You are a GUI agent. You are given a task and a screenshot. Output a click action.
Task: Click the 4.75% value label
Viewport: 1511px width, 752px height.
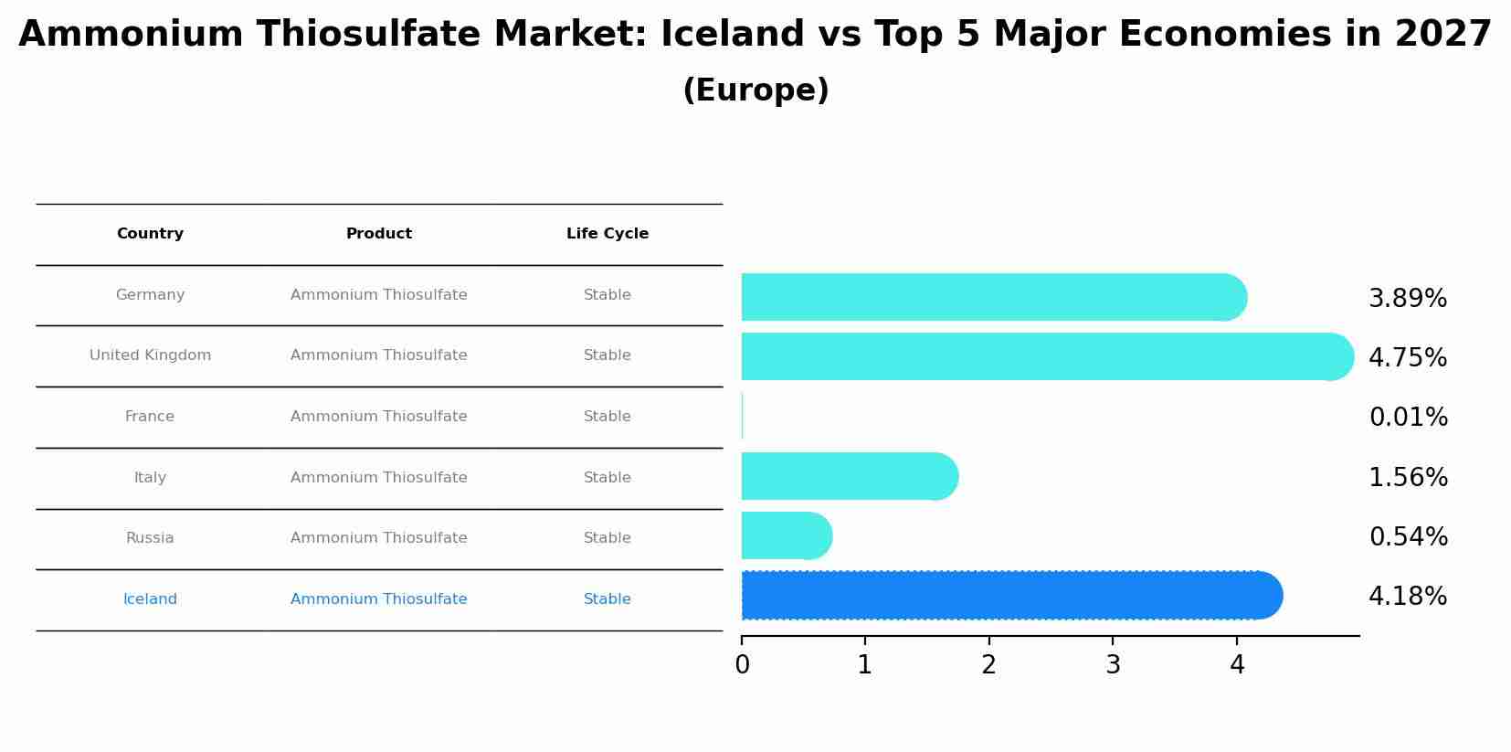tap(1408, 358)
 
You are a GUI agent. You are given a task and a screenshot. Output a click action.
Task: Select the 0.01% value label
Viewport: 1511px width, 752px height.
tap(1408, 418)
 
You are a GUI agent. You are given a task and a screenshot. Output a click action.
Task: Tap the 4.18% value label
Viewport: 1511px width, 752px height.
tap(1408, 597)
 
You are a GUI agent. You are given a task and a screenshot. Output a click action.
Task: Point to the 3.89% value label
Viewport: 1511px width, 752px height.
tap(1408, 299)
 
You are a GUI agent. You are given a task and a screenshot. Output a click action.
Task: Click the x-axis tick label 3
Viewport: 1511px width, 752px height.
tap(1113, 665)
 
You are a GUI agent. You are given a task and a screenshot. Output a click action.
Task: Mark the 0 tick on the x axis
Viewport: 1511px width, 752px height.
tap(742, 665)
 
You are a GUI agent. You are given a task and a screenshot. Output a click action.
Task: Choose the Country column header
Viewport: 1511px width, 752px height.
tap(150, 234)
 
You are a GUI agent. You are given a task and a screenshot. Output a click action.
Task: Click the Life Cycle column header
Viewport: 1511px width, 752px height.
tap(608, 234)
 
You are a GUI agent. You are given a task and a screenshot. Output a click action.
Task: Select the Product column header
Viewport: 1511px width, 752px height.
tap(379, 234)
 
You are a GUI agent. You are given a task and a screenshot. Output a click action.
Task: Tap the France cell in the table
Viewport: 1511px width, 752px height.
tap(150, 417)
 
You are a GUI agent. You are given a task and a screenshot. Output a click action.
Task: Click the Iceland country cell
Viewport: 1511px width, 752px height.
tap(150, 599)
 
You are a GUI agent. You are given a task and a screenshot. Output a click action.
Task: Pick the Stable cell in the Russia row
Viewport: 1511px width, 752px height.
tap(608, 538)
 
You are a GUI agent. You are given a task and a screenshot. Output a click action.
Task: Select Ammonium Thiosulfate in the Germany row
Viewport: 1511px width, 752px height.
tap(379, 295)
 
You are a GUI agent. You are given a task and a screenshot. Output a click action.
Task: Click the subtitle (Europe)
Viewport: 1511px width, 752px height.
tap(755, 90)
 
